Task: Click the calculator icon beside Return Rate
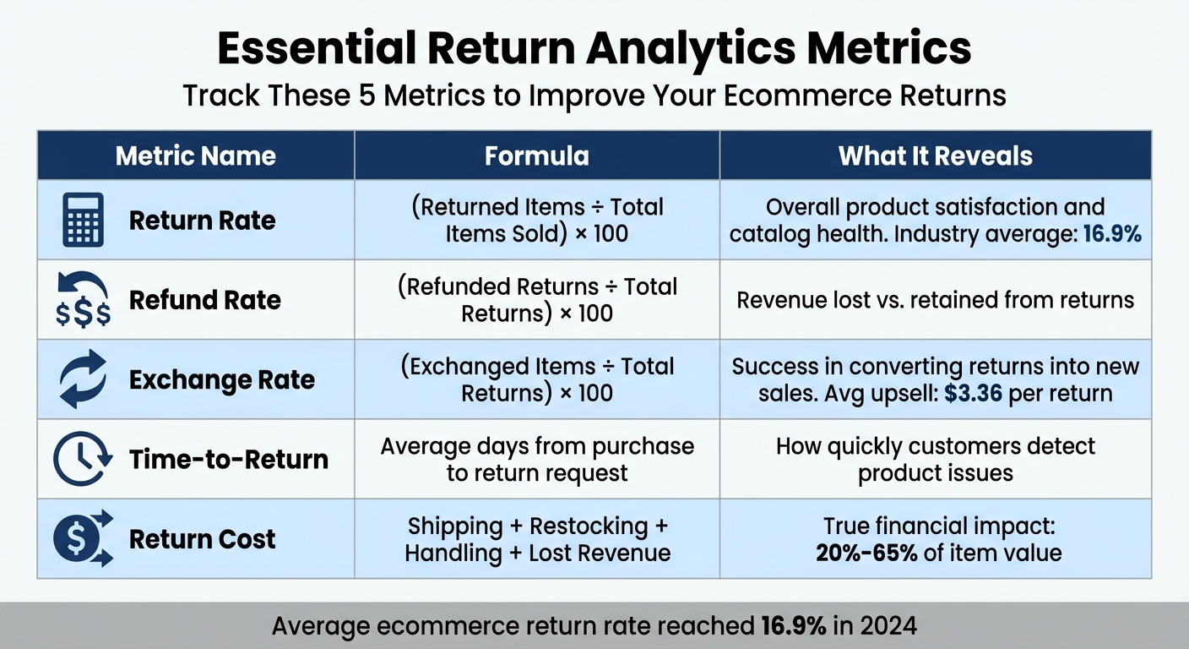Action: pos(84,220)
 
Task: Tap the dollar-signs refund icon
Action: pos(83,300)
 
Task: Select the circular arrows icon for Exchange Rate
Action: pos(84,379)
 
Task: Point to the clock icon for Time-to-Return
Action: pos(83,459)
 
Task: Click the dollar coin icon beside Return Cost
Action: pos(83,538)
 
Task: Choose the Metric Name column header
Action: pos(195,155)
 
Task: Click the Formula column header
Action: pos(536,155)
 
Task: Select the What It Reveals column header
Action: pos(935,155)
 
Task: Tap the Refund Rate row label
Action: pos(204,300)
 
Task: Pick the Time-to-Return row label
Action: pos(228,459)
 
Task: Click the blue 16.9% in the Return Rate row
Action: pos(1112,232)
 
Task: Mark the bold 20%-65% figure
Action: pos(866,553)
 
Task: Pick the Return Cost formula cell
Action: pos(537,539)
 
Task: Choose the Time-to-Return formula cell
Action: pos(537,459)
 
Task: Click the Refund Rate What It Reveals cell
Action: pos(935,300)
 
